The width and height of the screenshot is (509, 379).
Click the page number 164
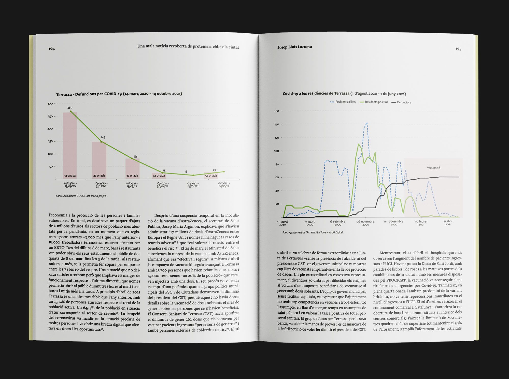[52, 49]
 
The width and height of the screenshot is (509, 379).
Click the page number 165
[458, 49]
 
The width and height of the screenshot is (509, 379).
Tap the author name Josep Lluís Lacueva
[295, 47]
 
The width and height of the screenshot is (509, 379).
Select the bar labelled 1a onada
[70, 145]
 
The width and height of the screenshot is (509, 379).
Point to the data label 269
[70, 108]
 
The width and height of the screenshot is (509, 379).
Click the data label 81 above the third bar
[135, 157]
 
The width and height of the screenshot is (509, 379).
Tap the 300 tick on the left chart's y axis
[50, 104]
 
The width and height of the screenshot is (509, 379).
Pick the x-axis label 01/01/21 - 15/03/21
[132, 185]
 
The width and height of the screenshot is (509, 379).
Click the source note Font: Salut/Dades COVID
[81, 196]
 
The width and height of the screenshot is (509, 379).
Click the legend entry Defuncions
[401, 102]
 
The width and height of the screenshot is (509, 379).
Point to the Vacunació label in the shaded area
[433, 168]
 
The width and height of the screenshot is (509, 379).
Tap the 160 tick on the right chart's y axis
[277, 111]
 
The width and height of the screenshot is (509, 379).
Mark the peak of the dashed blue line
[367, 123]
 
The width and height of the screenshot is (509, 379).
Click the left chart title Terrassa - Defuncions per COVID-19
[119, 94]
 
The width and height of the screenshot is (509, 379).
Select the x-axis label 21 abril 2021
[448, 223]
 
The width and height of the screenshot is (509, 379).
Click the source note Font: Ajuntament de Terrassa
[313, 232]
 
